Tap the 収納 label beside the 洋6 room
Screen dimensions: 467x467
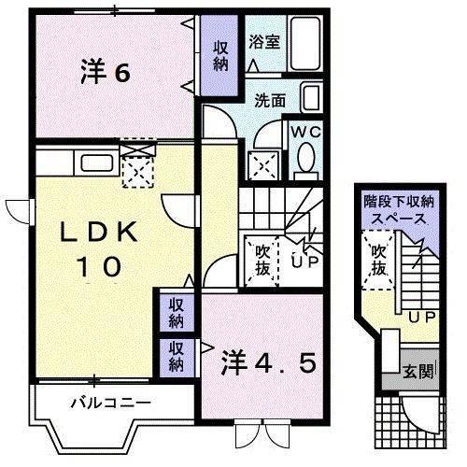coord(220,55)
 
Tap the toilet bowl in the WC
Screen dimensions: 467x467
coord(304,161)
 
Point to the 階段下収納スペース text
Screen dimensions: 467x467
coord(399,211)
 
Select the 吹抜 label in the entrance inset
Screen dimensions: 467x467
coord(378,260)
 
